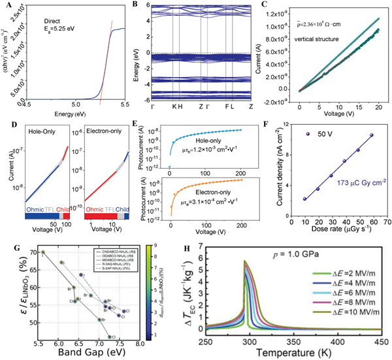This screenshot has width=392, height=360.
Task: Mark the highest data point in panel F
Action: coord(371,135)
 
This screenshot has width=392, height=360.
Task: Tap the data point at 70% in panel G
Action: coord(43,252)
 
